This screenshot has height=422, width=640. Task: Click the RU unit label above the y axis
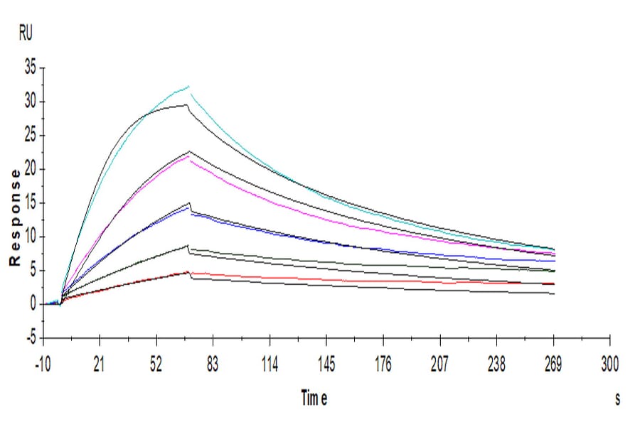click(x=25, y=33)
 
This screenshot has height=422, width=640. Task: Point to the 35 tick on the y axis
click(x=30, y=68)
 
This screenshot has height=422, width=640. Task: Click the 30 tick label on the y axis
click(x=30, y=102)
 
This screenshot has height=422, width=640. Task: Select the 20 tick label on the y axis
click(x=30, y=169)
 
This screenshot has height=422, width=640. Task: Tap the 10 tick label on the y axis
click(x=30, y=237)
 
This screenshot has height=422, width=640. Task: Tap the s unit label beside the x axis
click(x=617, y=399)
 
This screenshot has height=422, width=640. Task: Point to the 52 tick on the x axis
click(x=156, y=365)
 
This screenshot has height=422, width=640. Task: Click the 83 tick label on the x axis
click(x=212, y=365)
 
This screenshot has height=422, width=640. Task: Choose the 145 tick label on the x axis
click(x=326, y=365)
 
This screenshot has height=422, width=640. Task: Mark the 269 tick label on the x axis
click(x=553, y=365)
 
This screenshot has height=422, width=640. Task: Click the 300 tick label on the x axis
click(x=609, y=365)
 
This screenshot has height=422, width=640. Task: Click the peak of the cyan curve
click(x=189, y=87)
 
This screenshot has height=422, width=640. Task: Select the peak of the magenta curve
click(x=188, y=156)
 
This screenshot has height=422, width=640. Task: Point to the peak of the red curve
click(x=188, y=271)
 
